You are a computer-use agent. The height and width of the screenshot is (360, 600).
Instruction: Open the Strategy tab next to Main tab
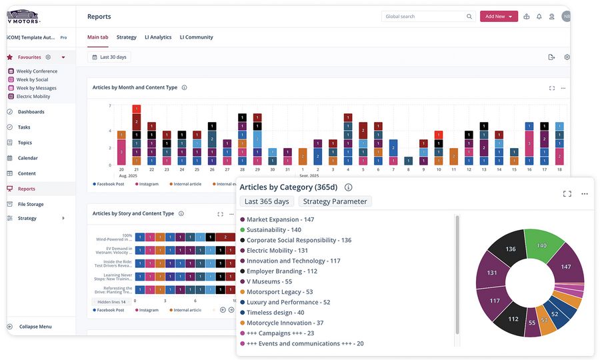click(x=126, y=37)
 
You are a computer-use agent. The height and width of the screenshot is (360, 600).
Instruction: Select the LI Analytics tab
click(x=158, y=37)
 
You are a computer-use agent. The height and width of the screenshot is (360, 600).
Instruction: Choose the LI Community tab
click(x=196, y=37)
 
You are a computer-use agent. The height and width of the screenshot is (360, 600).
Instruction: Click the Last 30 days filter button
click(x=109, y=57)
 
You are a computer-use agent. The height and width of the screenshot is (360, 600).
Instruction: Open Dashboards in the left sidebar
click(x=31, y=112)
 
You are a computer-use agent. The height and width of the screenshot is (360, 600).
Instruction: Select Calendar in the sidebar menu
click(x=27, y=158)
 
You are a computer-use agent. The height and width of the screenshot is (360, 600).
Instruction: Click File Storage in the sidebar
click(x=31, y=204)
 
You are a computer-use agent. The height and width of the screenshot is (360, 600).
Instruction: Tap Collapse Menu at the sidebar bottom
click(x=35, y=327)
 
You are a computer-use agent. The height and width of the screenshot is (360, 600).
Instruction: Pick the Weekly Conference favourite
click(x=37, y=71)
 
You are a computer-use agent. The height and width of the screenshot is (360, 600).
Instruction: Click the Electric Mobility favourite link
click(x=33, y=97)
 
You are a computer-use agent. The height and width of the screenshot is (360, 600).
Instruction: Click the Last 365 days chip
click(x=267, y=201)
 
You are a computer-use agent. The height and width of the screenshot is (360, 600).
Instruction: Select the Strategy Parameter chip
click(x=335, y=201)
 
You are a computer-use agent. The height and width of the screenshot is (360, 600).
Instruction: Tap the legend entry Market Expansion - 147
click(x=280, y=219)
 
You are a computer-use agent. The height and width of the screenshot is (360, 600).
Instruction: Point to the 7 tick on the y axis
click(x=109, y=106)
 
